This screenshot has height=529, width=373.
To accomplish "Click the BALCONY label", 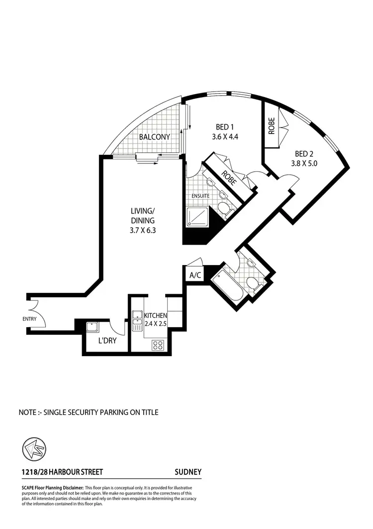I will (x=154, y=137).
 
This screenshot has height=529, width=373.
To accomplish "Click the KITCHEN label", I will (x=155, y=316).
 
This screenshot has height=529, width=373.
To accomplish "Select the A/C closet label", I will (x=194, y=275).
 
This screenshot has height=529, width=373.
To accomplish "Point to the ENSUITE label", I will (x=201, y=196).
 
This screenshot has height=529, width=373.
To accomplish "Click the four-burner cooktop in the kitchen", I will (x=159, y=344).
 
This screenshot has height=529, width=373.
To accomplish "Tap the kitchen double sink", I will (x=137, y=318).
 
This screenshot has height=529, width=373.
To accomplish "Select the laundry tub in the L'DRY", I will (x=93, y=327).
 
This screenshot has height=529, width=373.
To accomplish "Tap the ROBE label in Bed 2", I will (x=272, y=128).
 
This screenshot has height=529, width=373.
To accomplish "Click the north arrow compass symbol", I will (x=32, y=450).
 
